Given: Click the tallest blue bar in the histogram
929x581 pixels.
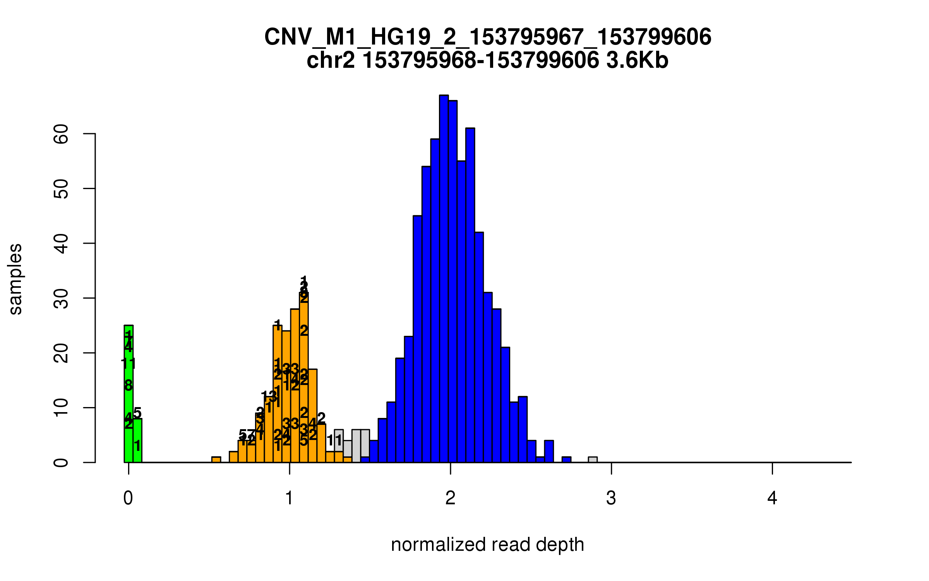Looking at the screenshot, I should tap(444, 279).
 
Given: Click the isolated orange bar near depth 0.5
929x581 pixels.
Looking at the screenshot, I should tap(216, 460).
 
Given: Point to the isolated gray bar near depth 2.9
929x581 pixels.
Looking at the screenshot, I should tap(593, 460).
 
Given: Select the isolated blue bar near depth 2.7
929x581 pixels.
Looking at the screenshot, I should tap(566, 460).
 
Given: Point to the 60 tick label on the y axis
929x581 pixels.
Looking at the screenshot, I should tap(61, 134).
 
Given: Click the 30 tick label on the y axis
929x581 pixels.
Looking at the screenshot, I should tap(61, 298).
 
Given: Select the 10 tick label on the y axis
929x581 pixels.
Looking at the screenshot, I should tap(61, 408).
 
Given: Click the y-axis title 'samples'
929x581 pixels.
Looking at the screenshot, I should tap(15, 279).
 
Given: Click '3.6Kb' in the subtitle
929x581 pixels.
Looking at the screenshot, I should tap(637, 61).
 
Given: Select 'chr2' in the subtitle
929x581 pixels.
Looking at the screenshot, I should tap(331, 61).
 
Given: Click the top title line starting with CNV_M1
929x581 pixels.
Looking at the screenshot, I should tap(488, 37).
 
